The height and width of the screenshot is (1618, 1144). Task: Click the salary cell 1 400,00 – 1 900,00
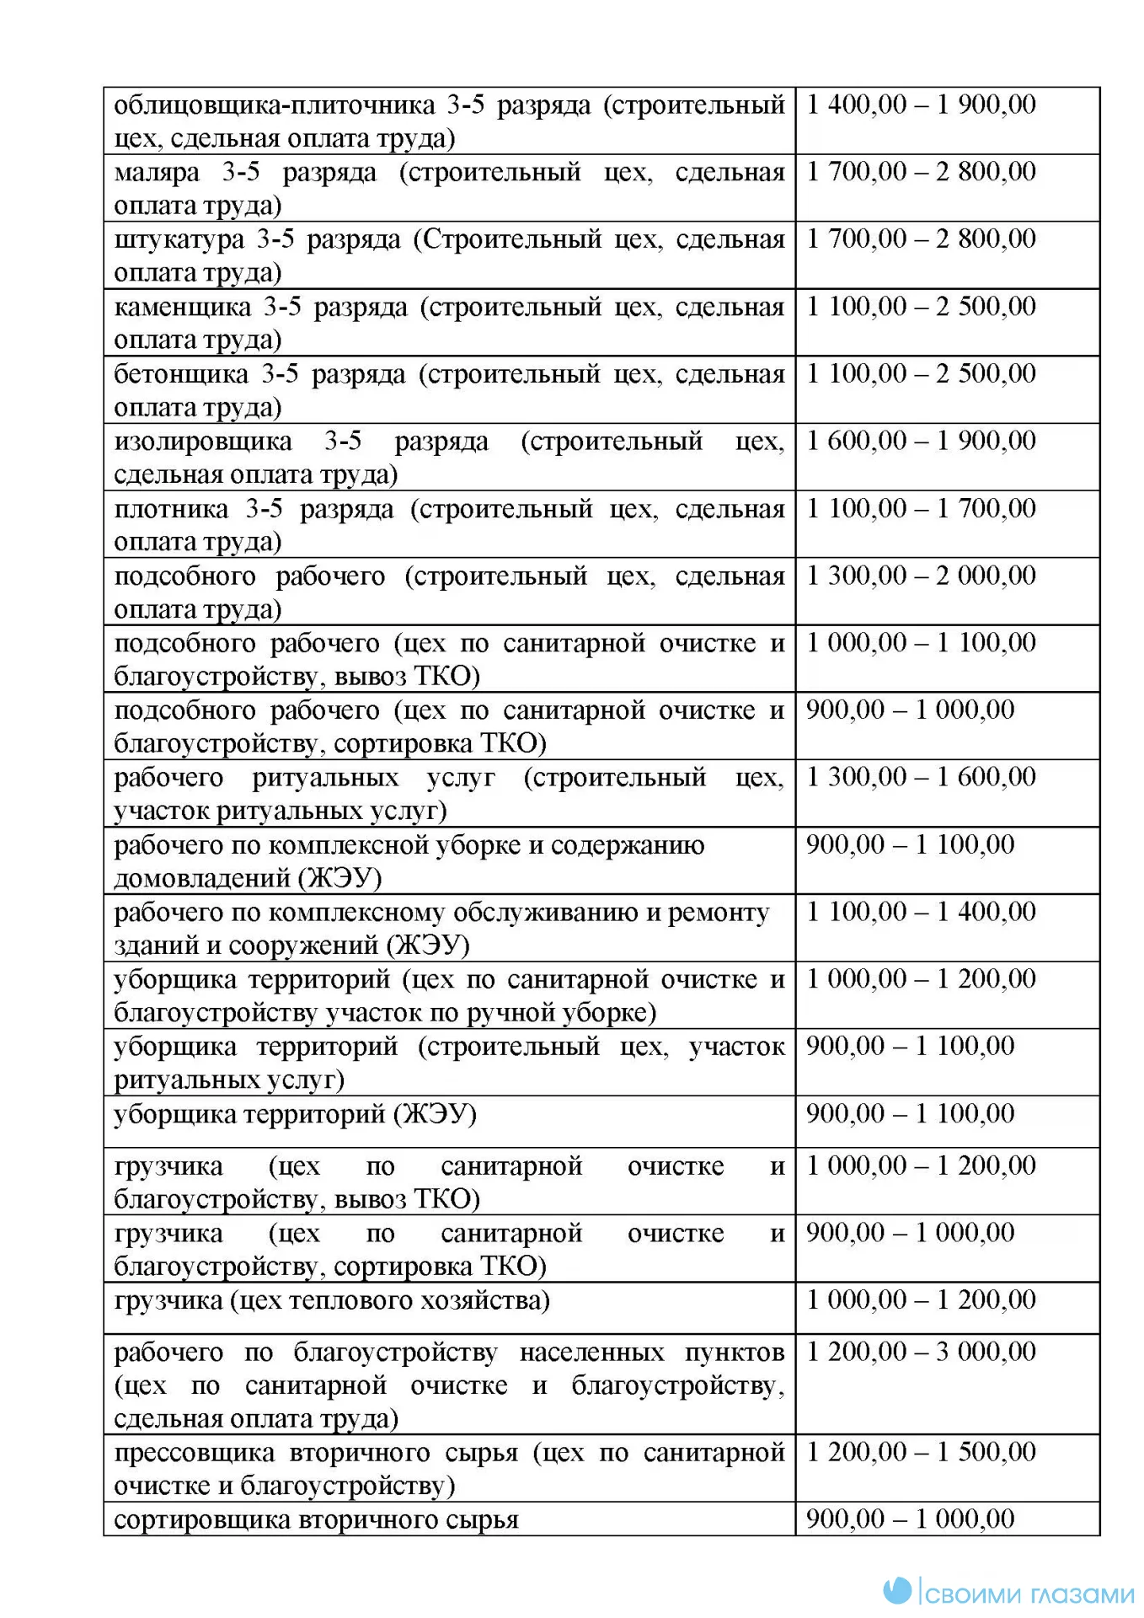click(x=921, y=104)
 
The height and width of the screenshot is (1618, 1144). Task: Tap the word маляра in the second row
click(x=157, y=173)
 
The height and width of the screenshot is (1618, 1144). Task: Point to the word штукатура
click(x=179, y=240)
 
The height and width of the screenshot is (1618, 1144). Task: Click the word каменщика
click(x=182, y=308)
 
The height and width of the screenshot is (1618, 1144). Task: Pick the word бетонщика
click(x=181, y=374)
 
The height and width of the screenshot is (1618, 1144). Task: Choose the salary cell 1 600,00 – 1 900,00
click(x=921, y=441)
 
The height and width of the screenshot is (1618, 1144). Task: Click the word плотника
click(x=171, y=509)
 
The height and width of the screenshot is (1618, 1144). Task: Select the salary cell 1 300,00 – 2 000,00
click(x=921, y=576)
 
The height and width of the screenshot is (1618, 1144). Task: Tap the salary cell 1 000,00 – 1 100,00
click(x=921, y=643)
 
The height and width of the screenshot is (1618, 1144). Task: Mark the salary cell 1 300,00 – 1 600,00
click(x=921, y=777)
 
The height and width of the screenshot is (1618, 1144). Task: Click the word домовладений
click(x=202, y=879)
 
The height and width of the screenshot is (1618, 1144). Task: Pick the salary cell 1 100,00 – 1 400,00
click(x=921, y=912)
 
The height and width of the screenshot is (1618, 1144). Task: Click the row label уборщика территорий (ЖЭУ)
click(x=295, y=1114)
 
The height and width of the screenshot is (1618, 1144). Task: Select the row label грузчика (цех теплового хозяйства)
click(x=331, y=1300)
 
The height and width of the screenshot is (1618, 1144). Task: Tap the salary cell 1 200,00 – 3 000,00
click(x=921, y=1352)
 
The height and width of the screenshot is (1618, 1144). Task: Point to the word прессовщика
click(x=194, y=1453)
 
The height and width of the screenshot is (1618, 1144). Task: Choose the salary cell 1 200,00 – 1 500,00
click(x=921, y=1452)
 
